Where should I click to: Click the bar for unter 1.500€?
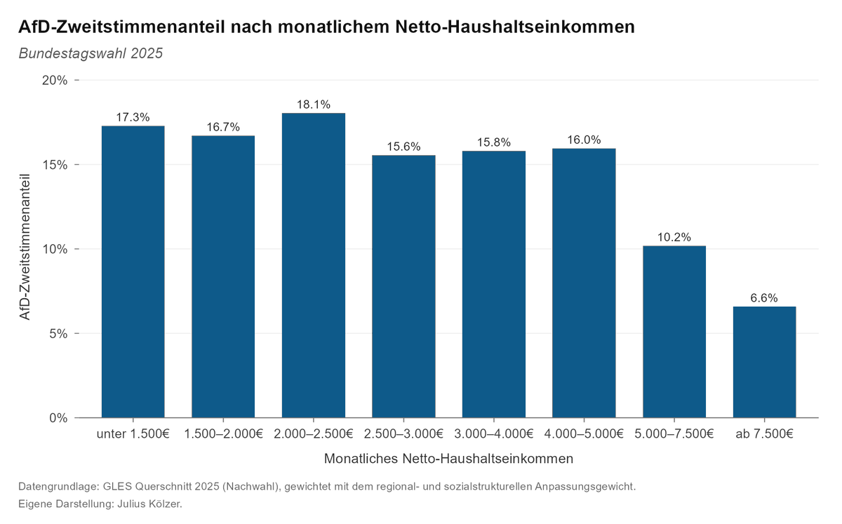pos(133,271)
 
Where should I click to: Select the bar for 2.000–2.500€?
pos(314,265)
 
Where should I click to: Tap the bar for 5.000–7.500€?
pos(674,332)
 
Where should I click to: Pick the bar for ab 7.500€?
pos(764,362)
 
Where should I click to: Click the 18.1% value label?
pos(314,105)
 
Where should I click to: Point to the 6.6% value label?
pos(764,298)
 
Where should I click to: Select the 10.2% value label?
pos(674,237)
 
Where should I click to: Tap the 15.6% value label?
pos(403,147)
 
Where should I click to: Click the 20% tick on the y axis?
pos(55,80)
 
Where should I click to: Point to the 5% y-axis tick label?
pos(58,333)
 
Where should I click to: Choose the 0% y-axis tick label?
pos(58,418)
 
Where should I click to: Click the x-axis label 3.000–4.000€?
pos(493,434)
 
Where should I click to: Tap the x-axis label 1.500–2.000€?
pos(223,434)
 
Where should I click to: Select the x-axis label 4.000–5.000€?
pos(584,434)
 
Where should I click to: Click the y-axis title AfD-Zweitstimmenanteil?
pos(25,247)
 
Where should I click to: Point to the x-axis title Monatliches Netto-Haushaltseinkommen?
pos(448,459)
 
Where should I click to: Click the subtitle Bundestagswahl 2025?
pos(91,53)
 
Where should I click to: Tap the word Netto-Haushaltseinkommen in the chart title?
pos(515,27)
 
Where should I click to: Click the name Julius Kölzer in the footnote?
pos(149,504)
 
